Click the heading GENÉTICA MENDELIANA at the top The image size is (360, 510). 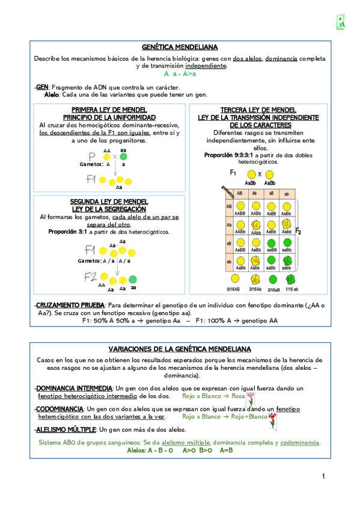(180, 47)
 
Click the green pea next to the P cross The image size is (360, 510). (123, 156)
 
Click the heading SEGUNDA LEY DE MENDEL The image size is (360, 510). (109, 201)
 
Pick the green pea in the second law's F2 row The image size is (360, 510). (132, 280)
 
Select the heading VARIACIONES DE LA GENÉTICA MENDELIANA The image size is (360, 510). (180, 349)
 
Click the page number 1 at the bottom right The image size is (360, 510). (323, 476)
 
